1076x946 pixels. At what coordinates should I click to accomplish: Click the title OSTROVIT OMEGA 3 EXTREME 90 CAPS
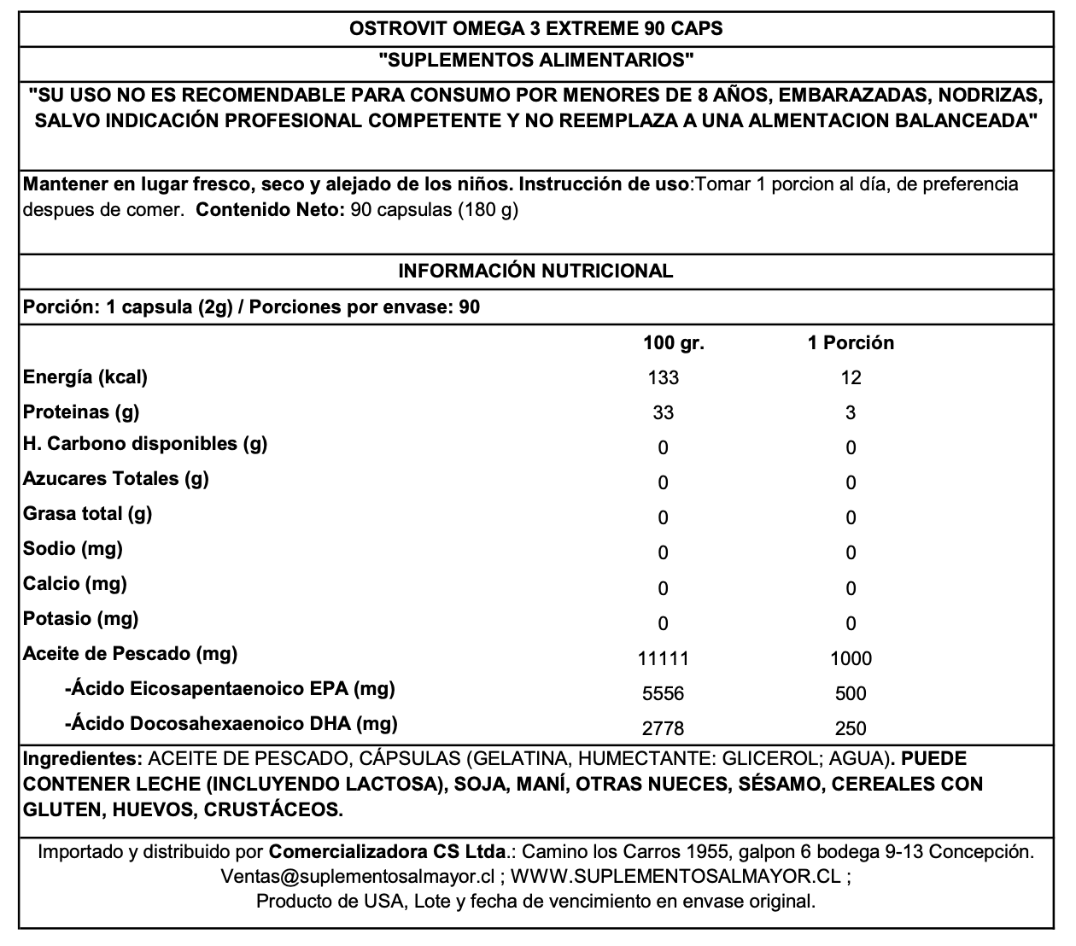536,28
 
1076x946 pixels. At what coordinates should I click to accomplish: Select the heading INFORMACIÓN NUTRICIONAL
536,272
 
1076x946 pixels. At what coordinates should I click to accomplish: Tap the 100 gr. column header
674,343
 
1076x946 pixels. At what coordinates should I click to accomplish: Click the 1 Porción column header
851,343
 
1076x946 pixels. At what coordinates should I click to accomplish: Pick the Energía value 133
664,378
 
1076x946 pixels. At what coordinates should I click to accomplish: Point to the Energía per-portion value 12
851,378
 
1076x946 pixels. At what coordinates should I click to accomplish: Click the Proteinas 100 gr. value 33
664,413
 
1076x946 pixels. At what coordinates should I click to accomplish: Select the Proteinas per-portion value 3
851,413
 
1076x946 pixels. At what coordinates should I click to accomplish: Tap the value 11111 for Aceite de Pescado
664,658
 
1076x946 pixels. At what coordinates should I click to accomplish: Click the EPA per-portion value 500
851,693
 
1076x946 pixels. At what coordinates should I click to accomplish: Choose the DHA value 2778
664,728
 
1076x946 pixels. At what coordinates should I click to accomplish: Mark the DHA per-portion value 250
851,728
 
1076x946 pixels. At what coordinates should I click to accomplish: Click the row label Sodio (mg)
73,549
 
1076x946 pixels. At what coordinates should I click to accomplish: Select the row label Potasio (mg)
80,619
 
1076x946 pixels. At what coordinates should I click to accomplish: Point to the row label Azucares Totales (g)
115,479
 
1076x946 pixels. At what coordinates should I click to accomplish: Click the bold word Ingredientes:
82,759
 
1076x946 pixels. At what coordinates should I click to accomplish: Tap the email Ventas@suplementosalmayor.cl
358,877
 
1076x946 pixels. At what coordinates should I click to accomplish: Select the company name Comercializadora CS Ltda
388,852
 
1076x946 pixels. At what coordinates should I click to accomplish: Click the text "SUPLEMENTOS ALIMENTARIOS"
535,61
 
